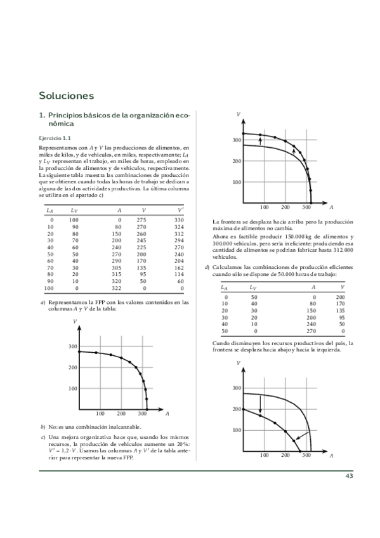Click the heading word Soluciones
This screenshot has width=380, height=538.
click(67, 96)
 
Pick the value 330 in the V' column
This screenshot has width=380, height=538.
click(179, 219)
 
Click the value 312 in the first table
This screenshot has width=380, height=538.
click(179, 233)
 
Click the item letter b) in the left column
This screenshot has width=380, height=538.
click(43, 426)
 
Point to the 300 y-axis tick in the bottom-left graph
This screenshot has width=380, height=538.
click(72, 346)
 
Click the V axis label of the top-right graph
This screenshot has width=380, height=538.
click(237, 115)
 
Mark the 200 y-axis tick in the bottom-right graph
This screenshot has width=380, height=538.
click(237, 409)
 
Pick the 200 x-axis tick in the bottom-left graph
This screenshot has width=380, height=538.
click(121, 413)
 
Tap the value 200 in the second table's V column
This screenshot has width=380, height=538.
click(340, 296)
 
